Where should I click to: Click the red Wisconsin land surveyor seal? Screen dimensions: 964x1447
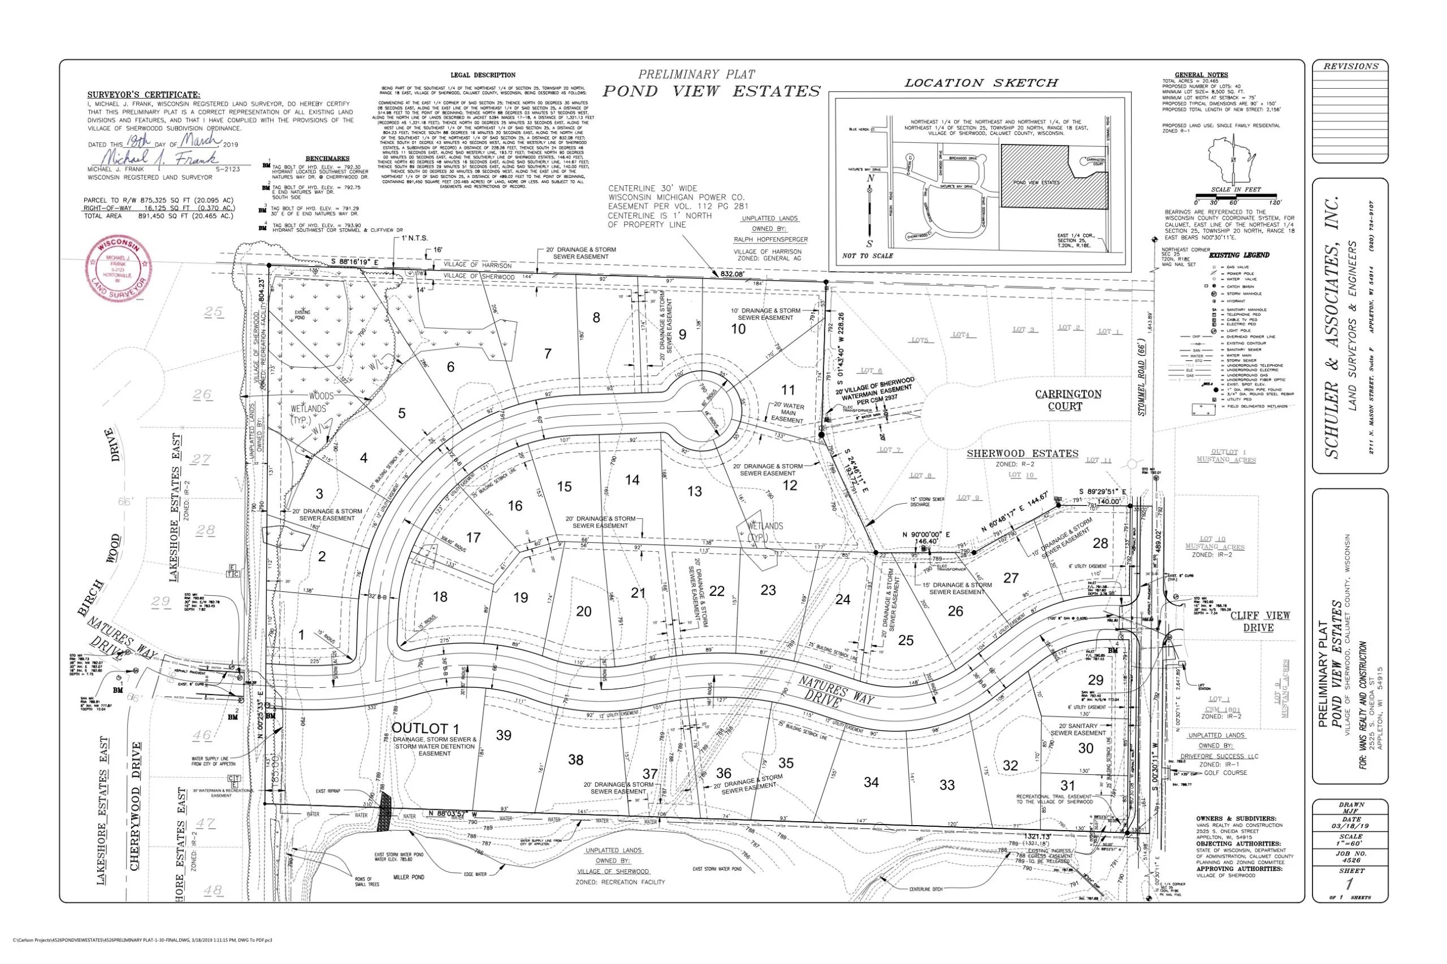118,269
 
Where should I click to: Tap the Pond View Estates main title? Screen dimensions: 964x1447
711,91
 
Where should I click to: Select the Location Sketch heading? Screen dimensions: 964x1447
981,82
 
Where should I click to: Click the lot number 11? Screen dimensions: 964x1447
788,390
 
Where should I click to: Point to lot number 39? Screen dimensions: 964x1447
504,735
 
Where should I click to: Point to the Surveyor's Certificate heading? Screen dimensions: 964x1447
144,95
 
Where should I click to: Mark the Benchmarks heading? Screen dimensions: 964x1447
327,159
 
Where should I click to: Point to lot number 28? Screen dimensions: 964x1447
1100,543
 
